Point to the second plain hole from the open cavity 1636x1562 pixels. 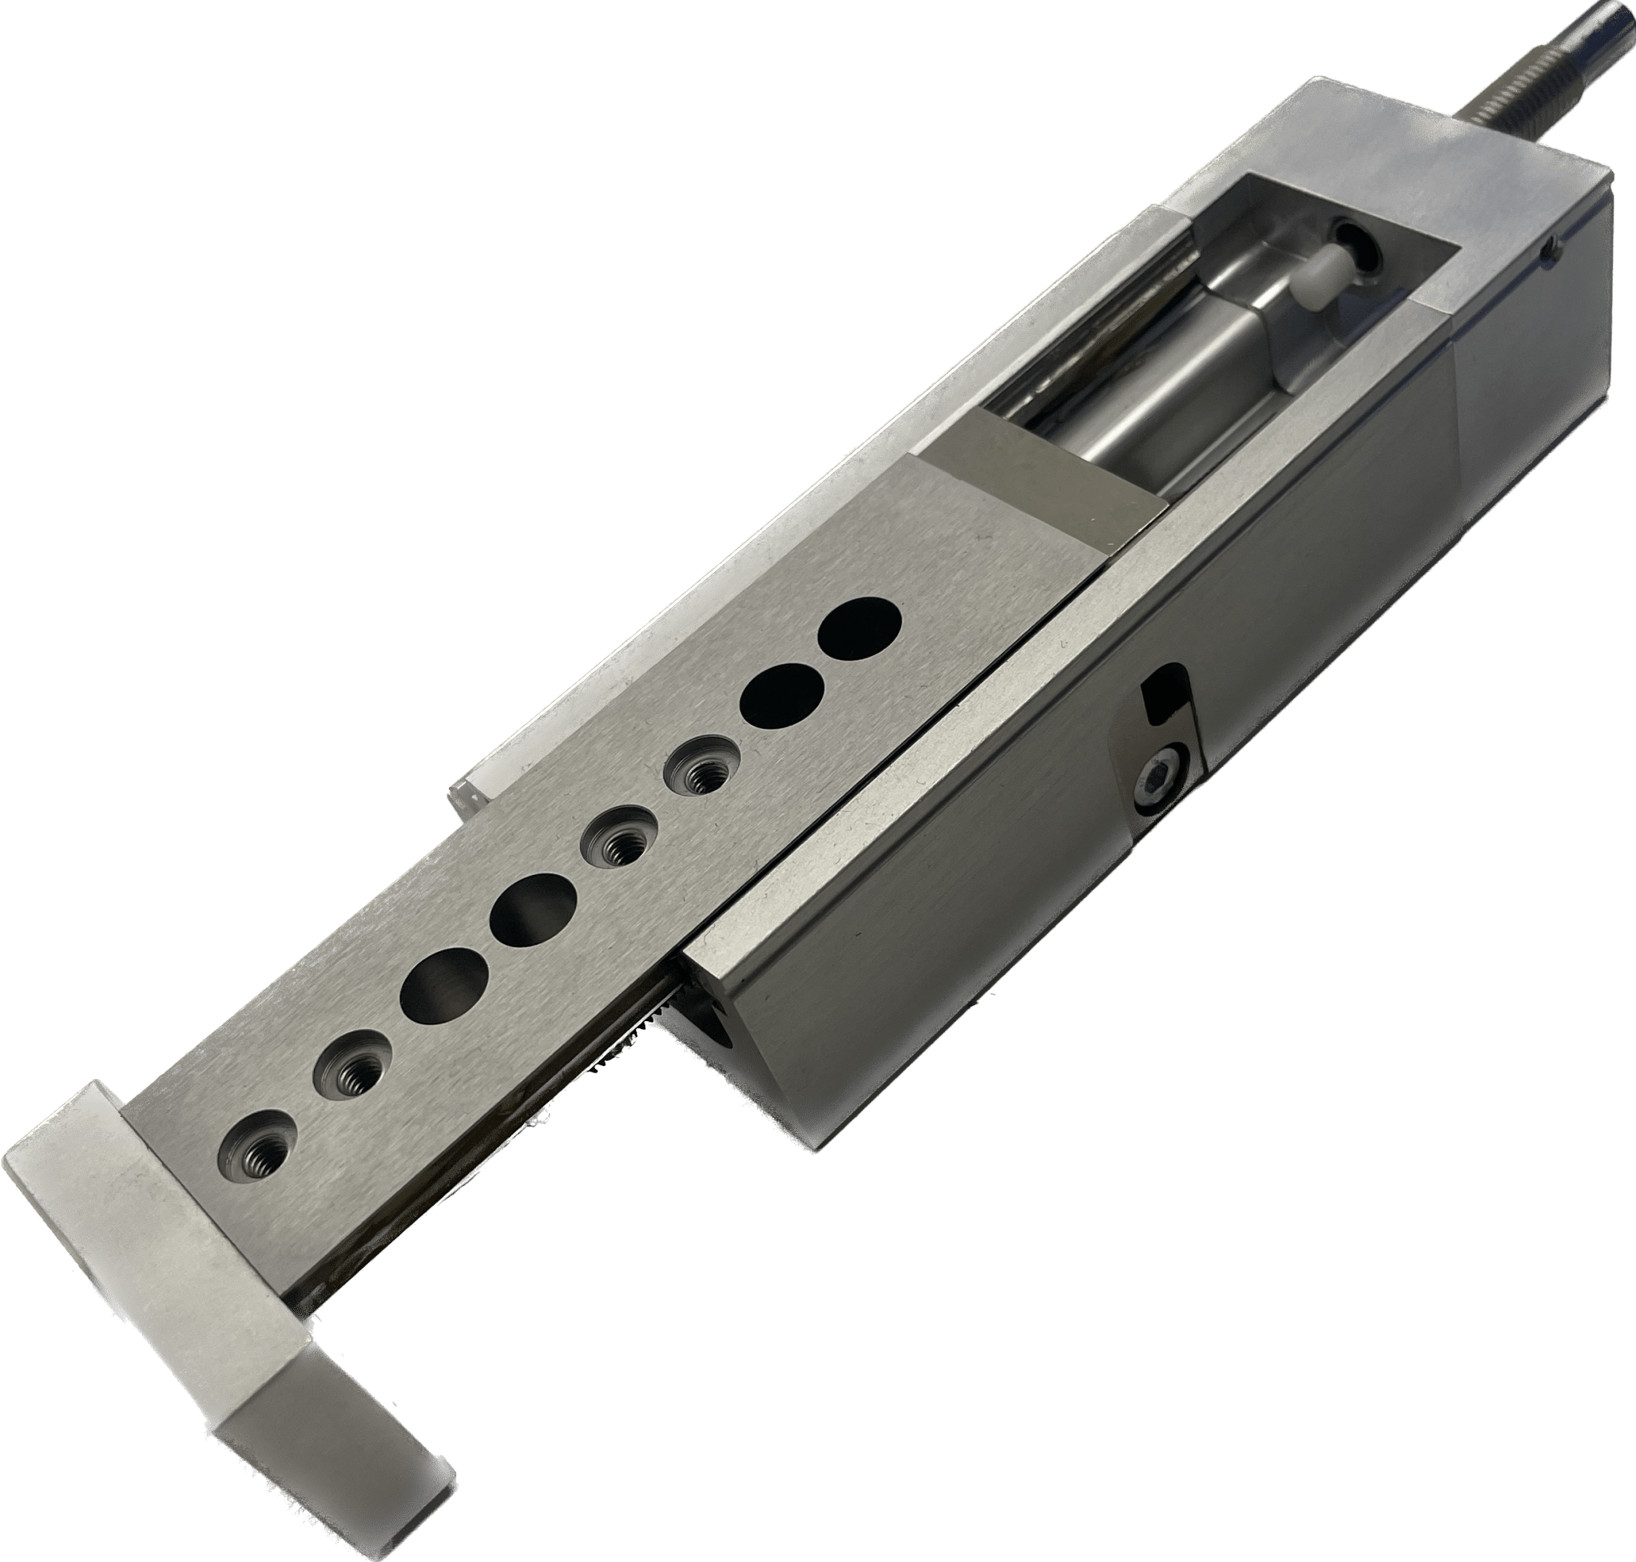[784, 692]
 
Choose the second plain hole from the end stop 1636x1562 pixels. [533, 910]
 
